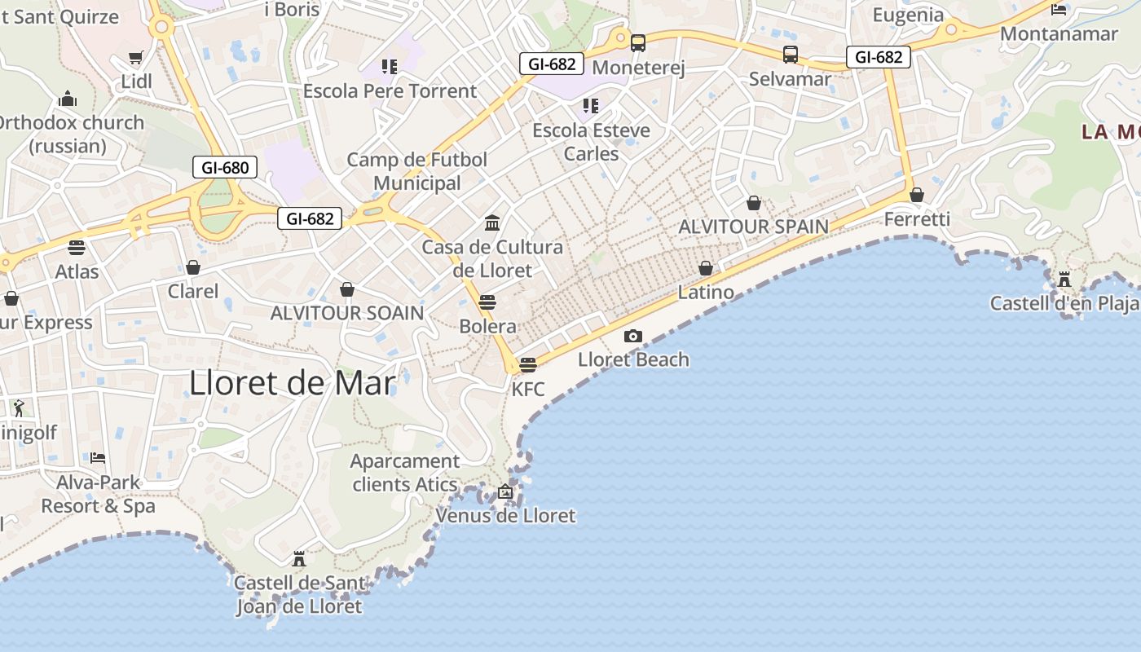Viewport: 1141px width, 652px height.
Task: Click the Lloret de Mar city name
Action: click(293, 382)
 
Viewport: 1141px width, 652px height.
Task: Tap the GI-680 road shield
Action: click(225, 168)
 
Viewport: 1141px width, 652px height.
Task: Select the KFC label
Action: click(528, 389)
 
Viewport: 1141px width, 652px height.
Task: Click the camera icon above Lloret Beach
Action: click(633, 336)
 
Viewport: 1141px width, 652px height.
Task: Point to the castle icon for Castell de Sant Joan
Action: click(299, 558)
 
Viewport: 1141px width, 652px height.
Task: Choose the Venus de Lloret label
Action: click(505, 515)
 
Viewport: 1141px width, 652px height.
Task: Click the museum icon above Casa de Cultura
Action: click(492, 222)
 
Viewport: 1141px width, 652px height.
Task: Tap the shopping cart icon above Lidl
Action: click(136, 58)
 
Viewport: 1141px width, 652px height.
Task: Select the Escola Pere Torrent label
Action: click(390, 90)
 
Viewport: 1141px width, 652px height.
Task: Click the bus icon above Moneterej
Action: click(638, 43)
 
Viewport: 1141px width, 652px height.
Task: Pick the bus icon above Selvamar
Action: click(791, 55)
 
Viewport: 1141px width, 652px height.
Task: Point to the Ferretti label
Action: click(917, 218)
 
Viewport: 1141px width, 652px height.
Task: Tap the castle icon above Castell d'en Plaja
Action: click(1064, 280)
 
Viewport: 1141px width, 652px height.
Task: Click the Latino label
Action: click(706, 292)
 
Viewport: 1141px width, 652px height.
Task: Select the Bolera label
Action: click(487, 326)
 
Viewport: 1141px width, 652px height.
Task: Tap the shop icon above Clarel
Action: click(193, 267)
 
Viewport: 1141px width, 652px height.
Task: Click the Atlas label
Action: click(77, 271)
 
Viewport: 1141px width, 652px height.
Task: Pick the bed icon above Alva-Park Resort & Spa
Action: click(98, 457)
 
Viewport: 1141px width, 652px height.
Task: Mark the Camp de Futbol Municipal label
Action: click(417, 171)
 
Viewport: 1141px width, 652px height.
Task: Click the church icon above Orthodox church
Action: click(68, 99)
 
